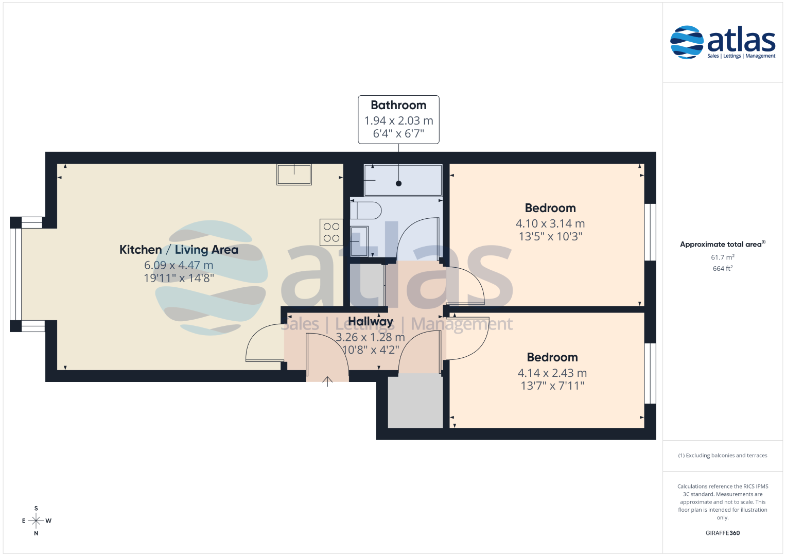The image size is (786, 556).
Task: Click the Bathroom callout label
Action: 398,105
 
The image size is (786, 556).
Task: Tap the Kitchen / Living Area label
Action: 179,250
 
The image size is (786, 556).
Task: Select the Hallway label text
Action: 370,321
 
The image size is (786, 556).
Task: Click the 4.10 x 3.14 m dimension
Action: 550,223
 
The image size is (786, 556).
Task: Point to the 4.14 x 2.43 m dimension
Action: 552,373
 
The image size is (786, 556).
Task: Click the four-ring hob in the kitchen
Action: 331,232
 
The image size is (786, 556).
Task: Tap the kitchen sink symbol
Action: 294,175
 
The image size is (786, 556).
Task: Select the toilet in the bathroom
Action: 365,210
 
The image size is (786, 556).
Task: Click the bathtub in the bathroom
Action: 403,180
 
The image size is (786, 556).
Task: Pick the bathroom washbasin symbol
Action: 359,241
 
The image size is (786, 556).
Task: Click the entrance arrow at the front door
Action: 327,381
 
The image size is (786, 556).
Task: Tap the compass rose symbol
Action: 36,520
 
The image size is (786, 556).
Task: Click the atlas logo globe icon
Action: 687,42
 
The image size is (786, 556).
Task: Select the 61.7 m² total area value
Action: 723,257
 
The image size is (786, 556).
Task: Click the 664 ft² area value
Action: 723,269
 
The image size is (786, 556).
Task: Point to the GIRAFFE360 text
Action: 723,533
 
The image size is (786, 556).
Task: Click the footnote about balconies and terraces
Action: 723,455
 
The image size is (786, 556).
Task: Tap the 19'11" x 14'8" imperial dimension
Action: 179,278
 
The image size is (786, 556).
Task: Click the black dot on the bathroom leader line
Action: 398,183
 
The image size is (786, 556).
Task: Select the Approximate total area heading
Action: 723,244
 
